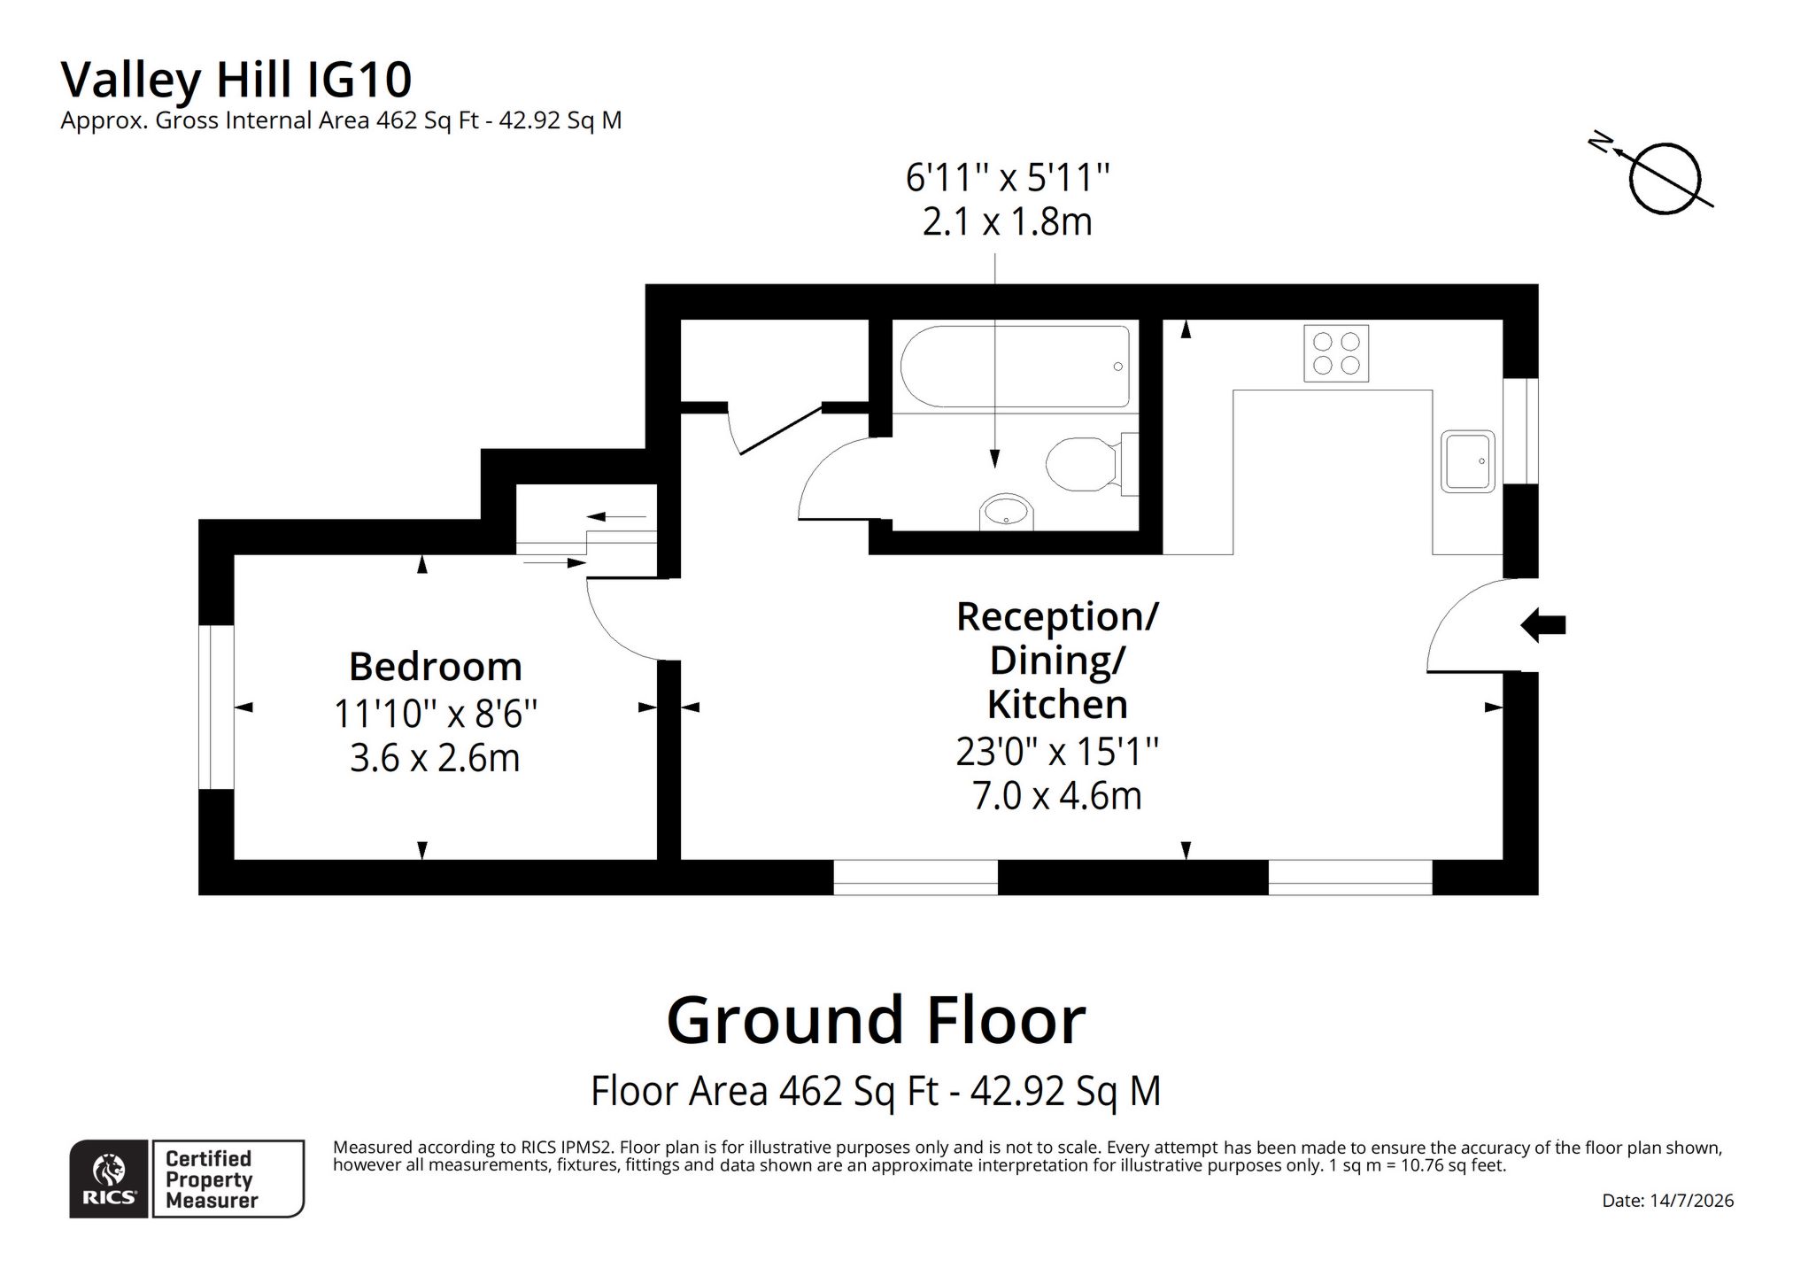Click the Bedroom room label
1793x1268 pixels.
(x=435, y=667)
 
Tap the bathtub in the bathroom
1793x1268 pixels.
(x=1015, y=367)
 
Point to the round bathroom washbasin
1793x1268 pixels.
(x=1007, y=512)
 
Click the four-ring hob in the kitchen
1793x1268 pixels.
(x=1336, y=353)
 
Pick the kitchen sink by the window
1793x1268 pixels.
(x=1467, y=460)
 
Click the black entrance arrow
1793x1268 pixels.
(x=1543, y=625)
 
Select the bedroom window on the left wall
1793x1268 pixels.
(x=216, y=707)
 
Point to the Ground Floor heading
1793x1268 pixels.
(x=876, y=1020)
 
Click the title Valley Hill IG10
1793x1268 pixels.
(x=236, y=80)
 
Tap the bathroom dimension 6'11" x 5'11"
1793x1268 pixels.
(x=1007, y=177)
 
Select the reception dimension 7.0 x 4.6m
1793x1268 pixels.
(x=1056, y=796)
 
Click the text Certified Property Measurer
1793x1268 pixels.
(x=212, y=1179)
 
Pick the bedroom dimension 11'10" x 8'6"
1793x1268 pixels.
(x=435, y=714)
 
